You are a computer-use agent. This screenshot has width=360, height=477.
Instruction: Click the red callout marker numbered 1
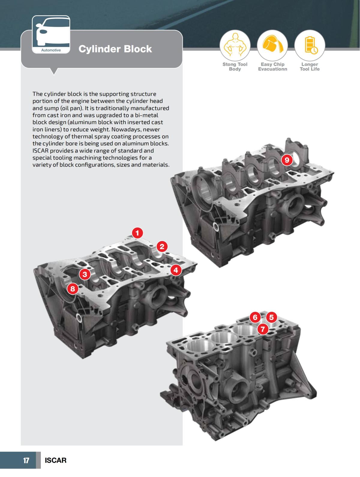(137, 233)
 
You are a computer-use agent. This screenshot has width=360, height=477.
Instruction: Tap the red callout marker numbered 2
(162, 247)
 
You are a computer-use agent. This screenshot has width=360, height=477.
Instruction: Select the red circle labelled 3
(85, 274)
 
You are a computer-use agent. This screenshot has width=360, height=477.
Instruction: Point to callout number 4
(176, 270)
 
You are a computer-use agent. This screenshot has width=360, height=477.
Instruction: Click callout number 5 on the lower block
(271, 317)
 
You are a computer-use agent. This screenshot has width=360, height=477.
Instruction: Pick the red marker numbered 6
(255, 317)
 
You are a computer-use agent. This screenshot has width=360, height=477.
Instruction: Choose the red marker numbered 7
(263, 329)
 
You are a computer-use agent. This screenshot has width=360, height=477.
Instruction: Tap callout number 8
(73, 289)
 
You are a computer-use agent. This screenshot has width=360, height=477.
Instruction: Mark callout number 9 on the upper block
(287, 160)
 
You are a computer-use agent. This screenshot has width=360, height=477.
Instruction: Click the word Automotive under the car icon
(51, 50)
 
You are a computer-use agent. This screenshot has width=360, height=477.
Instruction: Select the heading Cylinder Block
(115, 49)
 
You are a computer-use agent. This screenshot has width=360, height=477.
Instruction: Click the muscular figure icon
(235, 45)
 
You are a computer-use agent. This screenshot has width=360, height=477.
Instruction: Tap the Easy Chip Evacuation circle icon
(272, 45)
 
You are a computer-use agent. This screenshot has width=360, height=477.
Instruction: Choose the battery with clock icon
(310, 45)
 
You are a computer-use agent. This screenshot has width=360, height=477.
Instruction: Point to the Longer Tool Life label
(310, 67)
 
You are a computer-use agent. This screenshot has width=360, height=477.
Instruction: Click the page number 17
(26, 461)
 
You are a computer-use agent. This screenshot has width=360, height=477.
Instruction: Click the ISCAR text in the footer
(55, 461)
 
